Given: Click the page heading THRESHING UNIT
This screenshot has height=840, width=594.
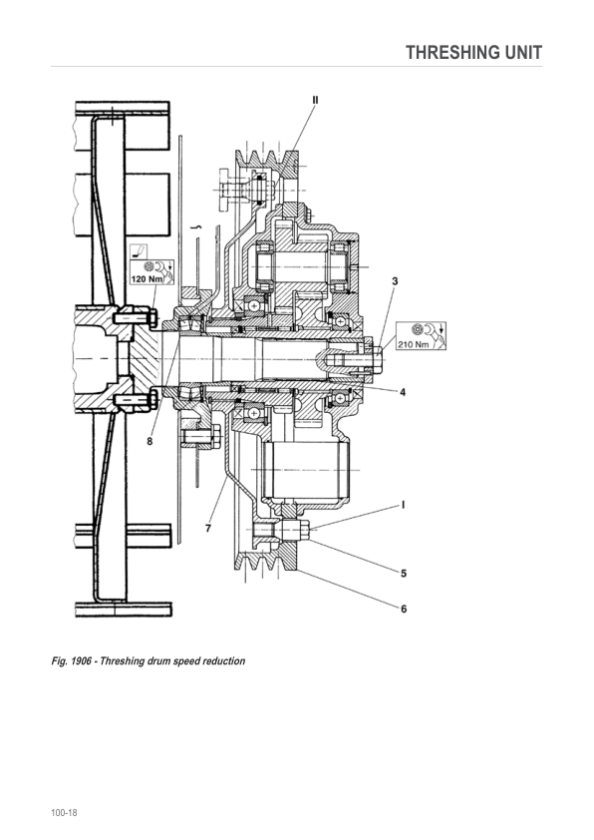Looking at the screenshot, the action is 473,53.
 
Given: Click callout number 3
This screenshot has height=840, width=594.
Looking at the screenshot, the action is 395,281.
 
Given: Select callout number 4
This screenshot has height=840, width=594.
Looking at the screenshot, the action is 403,392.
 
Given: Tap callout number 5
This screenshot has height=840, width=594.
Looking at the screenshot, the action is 404,574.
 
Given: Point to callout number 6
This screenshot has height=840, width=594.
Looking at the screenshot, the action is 404,609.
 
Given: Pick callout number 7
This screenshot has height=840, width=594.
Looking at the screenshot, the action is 208,528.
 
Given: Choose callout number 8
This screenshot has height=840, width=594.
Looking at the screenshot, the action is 149,441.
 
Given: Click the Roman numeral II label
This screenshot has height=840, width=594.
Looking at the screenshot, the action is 315,100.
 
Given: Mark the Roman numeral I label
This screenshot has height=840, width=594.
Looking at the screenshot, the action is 403,505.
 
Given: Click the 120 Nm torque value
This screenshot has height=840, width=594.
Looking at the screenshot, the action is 147,279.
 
